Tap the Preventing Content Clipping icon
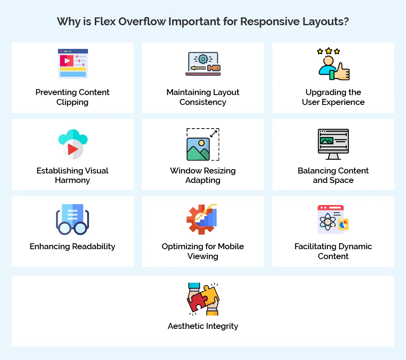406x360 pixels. click(x=73, y=63)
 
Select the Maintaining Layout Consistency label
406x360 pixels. click(x=203, y=97)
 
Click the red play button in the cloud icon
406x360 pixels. click(x=73, y=149)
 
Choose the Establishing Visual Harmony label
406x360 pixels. click(x=73, y=175)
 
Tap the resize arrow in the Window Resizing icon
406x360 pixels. click(x=213, y=134)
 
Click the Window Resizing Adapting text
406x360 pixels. click(x=203, y=175)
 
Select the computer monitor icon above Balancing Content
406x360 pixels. click(x=333, y=144)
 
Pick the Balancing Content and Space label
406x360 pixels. click(x=333, y=175)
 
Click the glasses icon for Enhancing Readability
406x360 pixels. click(x=73, y=220)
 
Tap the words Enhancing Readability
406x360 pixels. click(x=73, y=246)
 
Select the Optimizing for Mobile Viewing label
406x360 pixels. click(x=203, y=251)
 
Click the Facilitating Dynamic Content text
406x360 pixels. click(x=333, y=251)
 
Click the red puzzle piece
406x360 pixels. click(x=196, y=302)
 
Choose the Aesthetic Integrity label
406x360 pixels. click(x=203, y=326)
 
